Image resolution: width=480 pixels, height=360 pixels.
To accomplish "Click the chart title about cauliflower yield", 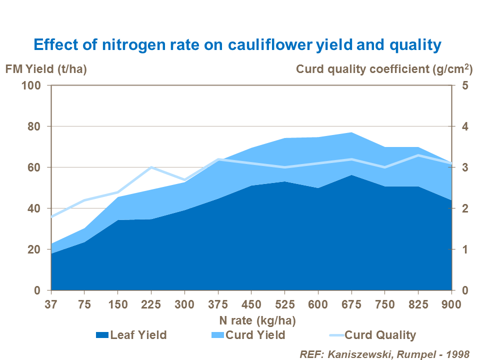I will pos(237,45).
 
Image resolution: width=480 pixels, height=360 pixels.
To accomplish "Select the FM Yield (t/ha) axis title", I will pos(46,69).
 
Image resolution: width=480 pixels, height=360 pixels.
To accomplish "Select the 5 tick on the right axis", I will pos(464,85).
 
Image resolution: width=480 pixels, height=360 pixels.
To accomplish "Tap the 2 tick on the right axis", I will pos(464,208).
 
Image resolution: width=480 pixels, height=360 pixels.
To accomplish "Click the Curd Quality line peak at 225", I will pos(151,167).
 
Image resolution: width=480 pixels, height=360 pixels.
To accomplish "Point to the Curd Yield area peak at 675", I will pos(351,132).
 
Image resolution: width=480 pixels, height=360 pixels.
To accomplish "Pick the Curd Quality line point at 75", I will pos(84,200).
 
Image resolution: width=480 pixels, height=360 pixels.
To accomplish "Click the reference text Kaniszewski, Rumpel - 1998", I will pos(384,354).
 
